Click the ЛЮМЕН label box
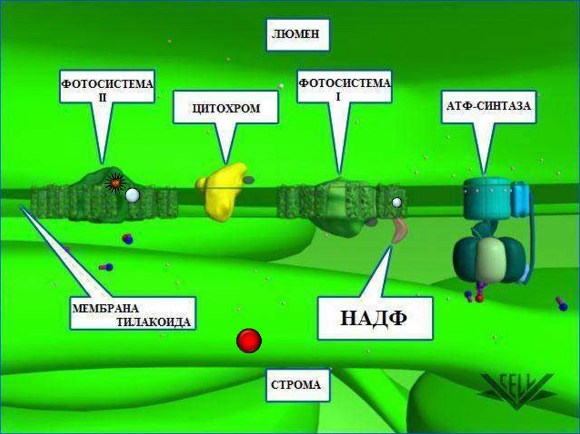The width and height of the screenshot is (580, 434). pyautogui.click(x=297, y=34)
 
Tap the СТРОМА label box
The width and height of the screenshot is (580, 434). pyautogui.click(x=296, y=385)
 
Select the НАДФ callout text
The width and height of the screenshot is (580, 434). pyautogui.click(x=374, y=319)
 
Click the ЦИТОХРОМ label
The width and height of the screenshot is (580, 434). pyautogui.click(x=225, y=108)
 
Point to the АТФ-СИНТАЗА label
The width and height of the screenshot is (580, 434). pyautogui.click(x=489, y=106)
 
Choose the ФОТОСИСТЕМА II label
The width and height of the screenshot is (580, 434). pyautogui.click(x=107, y=87)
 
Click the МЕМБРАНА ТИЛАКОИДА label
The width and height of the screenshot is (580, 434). pyautogui.click(x=133, y=314)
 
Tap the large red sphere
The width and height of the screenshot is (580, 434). pyautogui.click(x=249, y=341)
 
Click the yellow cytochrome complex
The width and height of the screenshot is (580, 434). pyautogui.click(x=223, y=190)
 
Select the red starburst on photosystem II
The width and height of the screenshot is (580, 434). pyautogui.click(x=115, y=183)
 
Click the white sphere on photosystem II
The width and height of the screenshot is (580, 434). pyautogui.click(x=132, y=196)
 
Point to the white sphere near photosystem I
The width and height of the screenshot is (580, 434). pyautogui.click(x=396, y=202)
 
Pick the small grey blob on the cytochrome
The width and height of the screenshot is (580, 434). pyautogui.click(x=249, y=179)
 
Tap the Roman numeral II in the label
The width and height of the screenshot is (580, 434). pyautogui.click(x=103, y=97)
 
